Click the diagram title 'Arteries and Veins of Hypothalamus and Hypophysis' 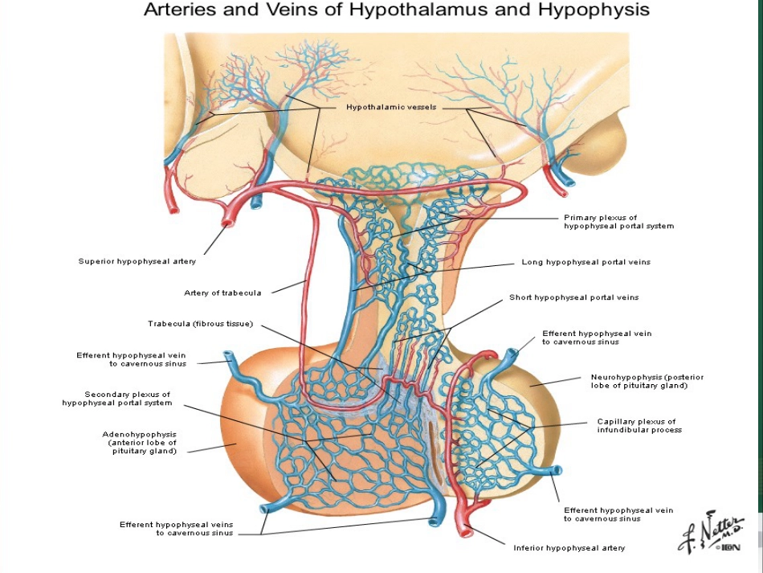pyautogui.click(x=397, y=10)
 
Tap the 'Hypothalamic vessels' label pyautogui.click(x=391, y=107)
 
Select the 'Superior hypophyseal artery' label pyautogui.click(x=137, y=261)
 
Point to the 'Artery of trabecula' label pyautogui.click(x=222, y=293)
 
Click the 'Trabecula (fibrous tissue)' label pyautogui.click(x=201, y=324)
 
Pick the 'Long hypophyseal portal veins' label pyautogui.click(x=586, y=263)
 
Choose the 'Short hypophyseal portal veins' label pyautogui.click(x=573, y=297)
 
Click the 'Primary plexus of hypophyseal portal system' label pyautogui.click(x=619, y=222)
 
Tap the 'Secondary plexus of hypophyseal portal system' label pyautogui.click(x=116, y=399)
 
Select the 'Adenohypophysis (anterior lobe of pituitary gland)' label pyautogui.click(x=140, y=443)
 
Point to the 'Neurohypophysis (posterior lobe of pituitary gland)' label pyautogui.click(x=647, y=381)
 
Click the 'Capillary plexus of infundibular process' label pyautogui.click(x=639, y=426)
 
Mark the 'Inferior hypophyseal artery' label pyautogui.click(x=569, y=548)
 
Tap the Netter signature pyautogui.click(x=711, y=532)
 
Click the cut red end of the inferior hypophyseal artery pyautogui.click(x=465, y=531)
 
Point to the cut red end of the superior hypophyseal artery pyautogui.click(x=227, y=222)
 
